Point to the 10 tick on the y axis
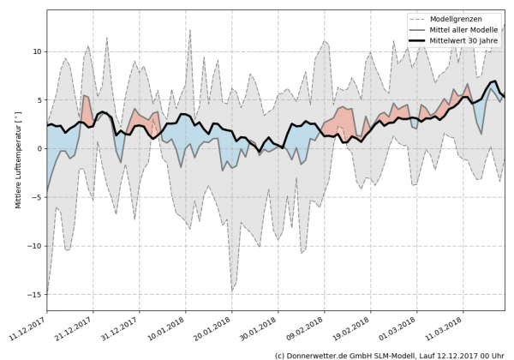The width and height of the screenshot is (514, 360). point(37,51)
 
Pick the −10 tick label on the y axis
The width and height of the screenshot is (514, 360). point(35,246)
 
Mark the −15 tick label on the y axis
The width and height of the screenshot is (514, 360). point(35,295)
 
